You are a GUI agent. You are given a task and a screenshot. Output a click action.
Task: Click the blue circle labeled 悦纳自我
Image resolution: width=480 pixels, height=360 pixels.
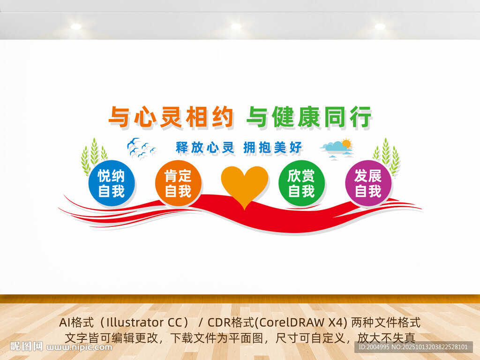112,183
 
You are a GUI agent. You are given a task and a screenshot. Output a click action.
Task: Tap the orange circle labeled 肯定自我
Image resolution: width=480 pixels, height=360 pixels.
178,183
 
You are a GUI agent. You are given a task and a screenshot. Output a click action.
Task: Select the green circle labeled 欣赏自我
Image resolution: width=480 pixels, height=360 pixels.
301,183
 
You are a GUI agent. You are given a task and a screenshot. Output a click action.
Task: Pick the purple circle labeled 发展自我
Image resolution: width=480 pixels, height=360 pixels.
368,183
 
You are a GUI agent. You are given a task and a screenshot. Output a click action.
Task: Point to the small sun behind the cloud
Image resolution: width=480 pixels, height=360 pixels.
346,143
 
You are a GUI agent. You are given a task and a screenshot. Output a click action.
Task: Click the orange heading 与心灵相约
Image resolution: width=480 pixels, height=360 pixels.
172,117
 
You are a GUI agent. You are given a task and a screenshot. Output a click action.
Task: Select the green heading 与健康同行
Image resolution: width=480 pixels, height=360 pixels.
309,117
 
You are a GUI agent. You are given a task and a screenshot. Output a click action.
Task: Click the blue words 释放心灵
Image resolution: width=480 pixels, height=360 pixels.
205,148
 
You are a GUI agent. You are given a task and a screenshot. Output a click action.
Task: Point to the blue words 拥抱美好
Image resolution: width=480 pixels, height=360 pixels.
272,148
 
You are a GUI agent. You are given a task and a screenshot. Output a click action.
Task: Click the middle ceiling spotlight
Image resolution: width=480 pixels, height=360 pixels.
236,26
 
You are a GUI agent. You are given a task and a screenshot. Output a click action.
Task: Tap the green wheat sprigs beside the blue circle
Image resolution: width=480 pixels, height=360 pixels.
93,156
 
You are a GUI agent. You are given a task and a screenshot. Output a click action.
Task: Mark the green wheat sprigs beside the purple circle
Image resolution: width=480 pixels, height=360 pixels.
387,156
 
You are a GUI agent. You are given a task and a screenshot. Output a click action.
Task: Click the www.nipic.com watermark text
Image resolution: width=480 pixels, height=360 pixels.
79,347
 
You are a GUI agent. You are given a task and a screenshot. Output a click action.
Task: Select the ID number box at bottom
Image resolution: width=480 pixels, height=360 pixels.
413,347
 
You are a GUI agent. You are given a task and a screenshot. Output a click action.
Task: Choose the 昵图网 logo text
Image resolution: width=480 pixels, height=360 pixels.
26,346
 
